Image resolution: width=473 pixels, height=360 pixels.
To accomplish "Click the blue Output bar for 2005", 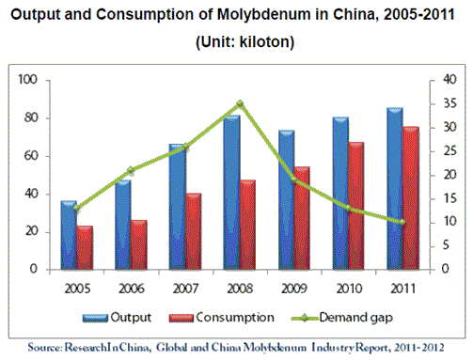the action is click(x=69, y=235).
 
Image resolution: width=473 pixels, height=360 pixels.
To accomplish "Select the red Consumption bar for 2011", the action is click(x=411, y=198).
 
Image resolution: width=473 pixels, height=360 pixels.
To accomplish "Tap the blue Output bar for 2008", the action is click(x=232, y=193).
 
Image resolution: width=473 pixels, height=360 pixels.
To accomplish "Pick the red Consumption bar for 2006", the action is click(x=139, y=244).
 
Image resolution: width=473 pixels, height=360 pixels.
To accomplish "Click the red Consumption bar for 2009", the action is click(x=302, y=218).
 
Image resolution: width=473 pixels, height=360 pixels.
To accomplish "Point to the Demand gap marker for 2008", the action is click(x=240, y=103).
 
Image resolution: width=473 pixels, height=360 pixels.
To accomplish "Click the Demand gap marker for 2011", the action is click(x=402, y=223).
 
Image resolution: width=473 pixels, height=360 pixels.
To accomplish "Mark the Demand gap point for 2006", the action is click(x=131, y=170).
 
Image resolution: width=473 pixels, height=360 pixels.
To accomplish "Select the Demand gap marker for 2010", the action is click(x=348, y=208).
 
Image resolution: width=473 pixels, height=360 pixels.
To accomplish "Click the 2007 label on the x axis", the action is click(x=185, y=289).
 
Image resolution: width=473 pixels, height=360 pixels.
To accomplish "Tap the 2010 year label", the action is click(x=349, y=289).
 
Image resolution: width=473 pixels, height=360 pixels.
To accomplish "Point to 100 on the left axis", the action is click(x=27, y=80).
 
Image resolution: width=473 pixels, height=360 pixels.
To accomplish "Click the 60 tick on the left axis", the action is click(x=31, y=156).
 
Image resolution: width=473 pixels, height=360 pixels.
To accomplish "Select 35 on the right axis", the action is click(x=449, y=103).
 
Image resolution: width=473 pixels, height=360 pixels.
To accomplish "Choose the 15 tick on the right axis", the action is click(x=449, y=198).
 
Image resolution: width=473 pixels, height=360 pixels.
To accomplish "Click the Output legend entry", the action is click(x=117, y=318).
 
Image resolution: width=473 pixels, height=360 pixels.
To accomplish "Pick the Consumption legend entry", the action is click(x=222, y=318).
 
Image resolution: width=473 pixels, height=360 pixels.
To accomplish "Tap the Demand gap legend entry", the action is click(x=341, y=318).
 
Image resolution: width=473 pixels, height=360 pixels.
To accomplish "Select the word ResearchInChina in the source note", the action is click(x=108, y=348).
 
